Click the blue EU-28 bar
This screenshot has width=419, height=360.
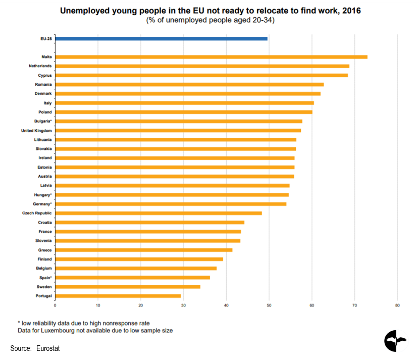coord(161,38)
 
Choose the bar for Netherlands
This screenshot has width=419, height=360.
coord(202,66)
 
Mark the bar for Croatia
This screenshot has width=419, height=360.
coord(149,222)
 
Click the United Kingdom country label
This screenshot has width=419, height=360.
coord(36,130)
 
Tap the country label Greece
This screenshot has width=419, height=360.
coord(44,250)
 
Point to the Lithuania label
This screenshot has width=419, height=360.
coord(42,139)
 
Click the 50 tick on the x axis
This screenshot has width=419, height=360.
coord(269,305)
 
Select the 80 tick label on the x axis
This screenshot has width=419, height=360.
coord(398,305)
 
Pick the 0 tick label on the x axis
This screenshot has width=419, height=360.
coord(55,305)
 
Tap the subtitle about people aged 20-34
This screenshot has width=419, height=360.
coord(211,20)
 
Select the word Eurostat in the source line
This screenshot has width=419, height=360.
coord(48,348)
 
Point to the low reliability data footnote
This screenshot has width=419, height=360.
coord(85,323)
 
